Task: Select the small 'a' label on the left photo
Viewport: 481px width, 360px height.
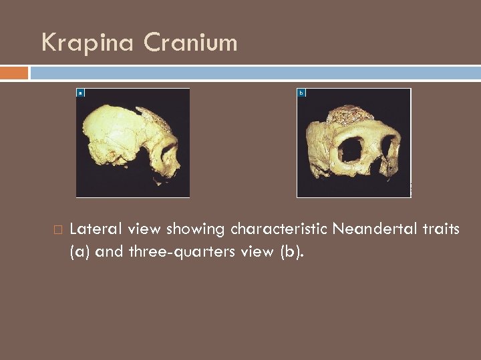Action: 80,93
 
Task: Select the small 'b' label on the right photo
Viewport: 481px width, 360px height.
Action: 301,93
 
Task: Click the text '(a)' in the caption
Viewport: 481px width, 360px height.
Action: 80,253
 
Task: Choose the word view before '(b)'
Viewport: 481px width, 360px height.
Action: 260,253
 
